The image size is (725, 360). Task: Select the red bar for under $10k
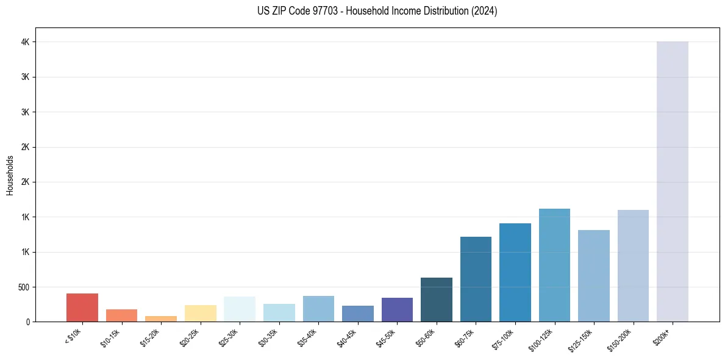coord(82,308)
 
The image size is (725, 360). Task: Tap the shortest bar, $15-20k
coord(161,319)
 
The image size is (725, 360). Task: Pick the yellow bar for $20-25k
coord(201,313)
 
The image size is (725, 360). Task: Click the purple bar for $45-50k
coord(397,309)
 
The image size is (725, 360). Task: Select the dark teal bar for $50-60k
coord(437,300)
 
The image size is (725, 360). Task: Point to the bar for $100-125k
coord(554,265)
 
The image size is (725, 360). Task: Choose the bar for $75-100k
coord(515,272)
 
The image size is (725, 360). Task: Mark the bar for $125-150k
coord(594,276)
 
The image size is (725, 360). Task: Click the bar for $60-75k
coord(476,279)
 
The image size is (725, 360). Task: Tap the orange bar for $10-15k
coord(121,315)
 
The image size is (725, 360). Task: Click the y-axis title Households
coord(10,175)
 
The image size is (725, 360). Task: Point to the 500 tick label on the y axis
coord(25,287)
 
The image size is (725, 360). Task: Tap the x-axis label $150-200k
coord(620,339)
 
